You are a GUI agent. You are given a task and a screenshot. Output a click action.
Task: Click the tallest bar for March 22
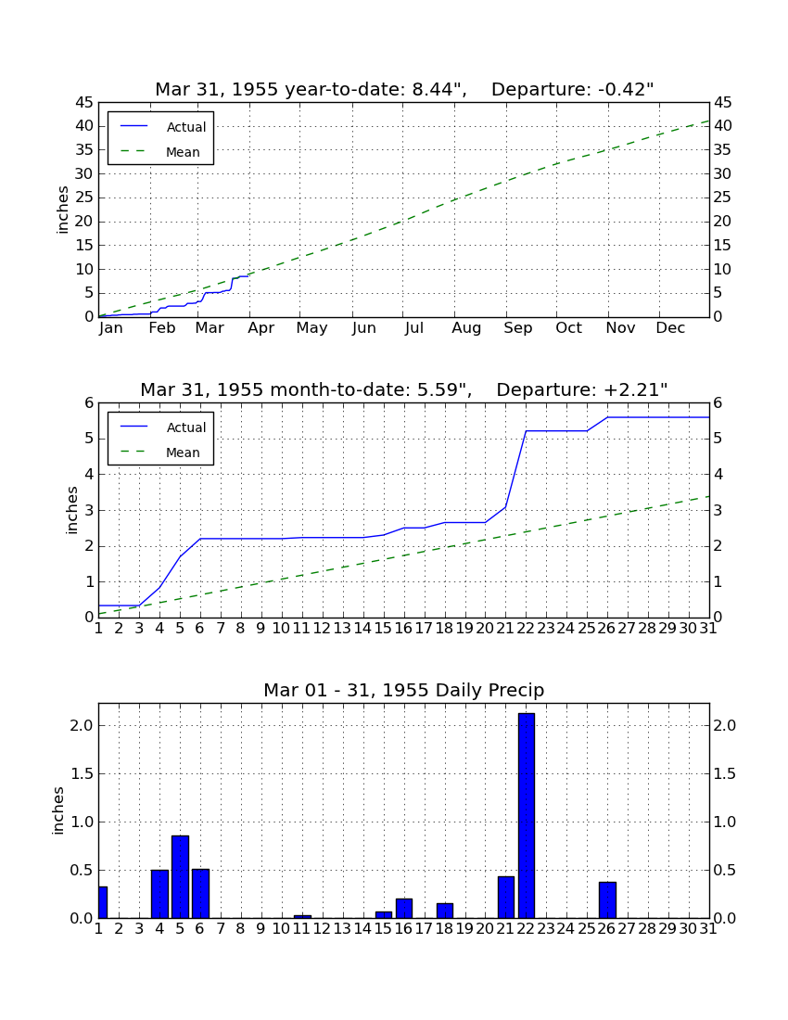(x=526, y=816)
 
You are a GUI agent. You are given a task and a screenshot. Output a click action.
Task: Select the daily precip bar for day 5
(x=180, y=877)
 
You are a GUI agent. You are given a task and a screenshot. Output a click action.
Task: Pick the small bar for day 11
(x=302, y=916)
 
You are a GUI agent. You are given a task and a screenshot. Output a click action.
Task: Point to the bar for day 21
(x=506, y=898)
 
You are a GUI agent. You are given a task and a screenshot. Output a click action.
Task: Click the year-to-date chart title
(x=404, y=89)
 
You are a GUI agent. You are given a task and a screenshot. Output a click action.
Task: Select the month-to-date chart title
(x=404, y=389)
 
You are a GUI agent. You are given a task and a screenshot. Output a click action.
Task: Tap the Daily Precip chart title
(x=404, y=690)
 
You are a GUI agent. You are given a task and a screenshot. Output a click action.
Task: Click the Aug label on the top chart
(x=466, y=328)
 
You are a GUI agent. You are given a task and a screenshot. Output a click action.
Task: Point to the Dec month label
(x=670, y=328)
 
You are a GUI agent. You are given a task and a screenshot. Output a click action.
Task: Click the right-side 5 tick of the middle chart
(x=718, y=439)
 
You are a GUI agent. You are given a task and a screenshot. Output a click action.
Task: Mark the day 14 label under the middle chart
(x=362, y=629)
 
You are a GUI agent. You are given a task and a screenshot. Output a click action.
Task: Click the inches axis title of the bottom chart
(x=57, y=810)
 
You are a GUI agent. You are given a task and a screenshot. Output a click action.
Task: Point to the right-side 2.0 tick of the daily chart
(x=725, y=725)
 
